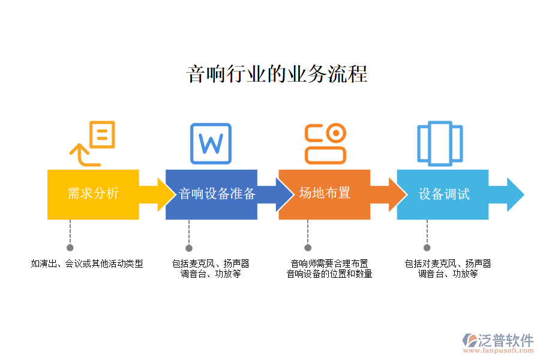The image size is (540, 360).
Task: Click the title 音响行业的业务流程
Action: [x=277, y=74]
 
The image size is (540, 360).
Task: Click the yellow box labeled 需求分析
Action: [x=93, y=194]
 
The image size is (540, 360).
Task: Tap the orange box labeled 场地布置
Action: [x=325, y=193]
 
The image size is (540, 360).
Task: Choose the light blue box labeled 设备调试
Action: [x=443, y=194]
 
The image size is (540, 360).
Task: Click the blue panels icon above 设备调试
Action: [x=440, y=143]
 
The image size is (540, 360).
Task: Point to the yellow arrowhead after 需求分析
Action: [x=164, y=194]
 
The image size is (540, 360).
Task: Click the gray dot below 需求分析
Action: [x=70, y=247]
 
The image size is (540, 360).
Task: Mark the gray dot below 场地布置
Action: [x=308, y=247]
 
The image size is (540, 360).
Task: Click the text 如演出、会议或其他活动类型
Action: [x=87, y=263]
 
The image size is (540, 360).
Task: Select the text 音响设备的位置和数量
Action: [x=329, y=274]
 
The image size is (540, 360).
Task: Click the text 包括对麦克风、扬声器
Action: [x=448, y=263]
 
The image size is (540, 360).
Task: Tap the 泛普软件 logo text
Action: [x=506, y=341]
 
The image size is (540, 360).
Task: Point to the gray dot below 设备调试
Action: [x=427, y=247]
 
